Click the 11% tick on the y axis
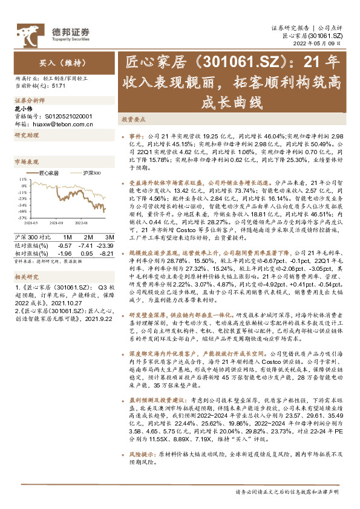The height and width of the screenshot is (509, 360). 23,180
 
